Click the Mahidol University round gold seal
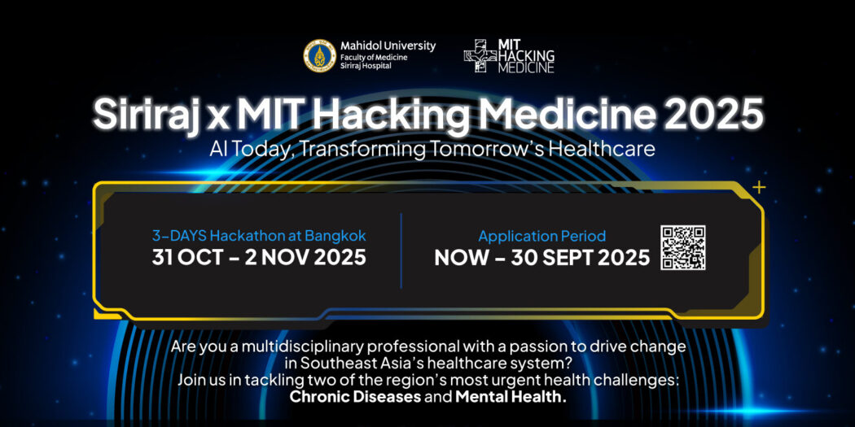(319, 55)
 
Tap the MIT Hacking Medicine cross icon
(480, 55)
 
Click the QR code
(682, 247)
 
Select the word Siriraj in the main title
(143, 114)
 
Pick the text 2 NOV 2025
(305, 257)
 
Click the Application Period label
(542, 237)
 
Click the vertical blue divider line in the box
(401, 251)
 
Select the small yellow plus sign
(758, 187)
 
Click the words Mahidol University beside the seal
(388, 46)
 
